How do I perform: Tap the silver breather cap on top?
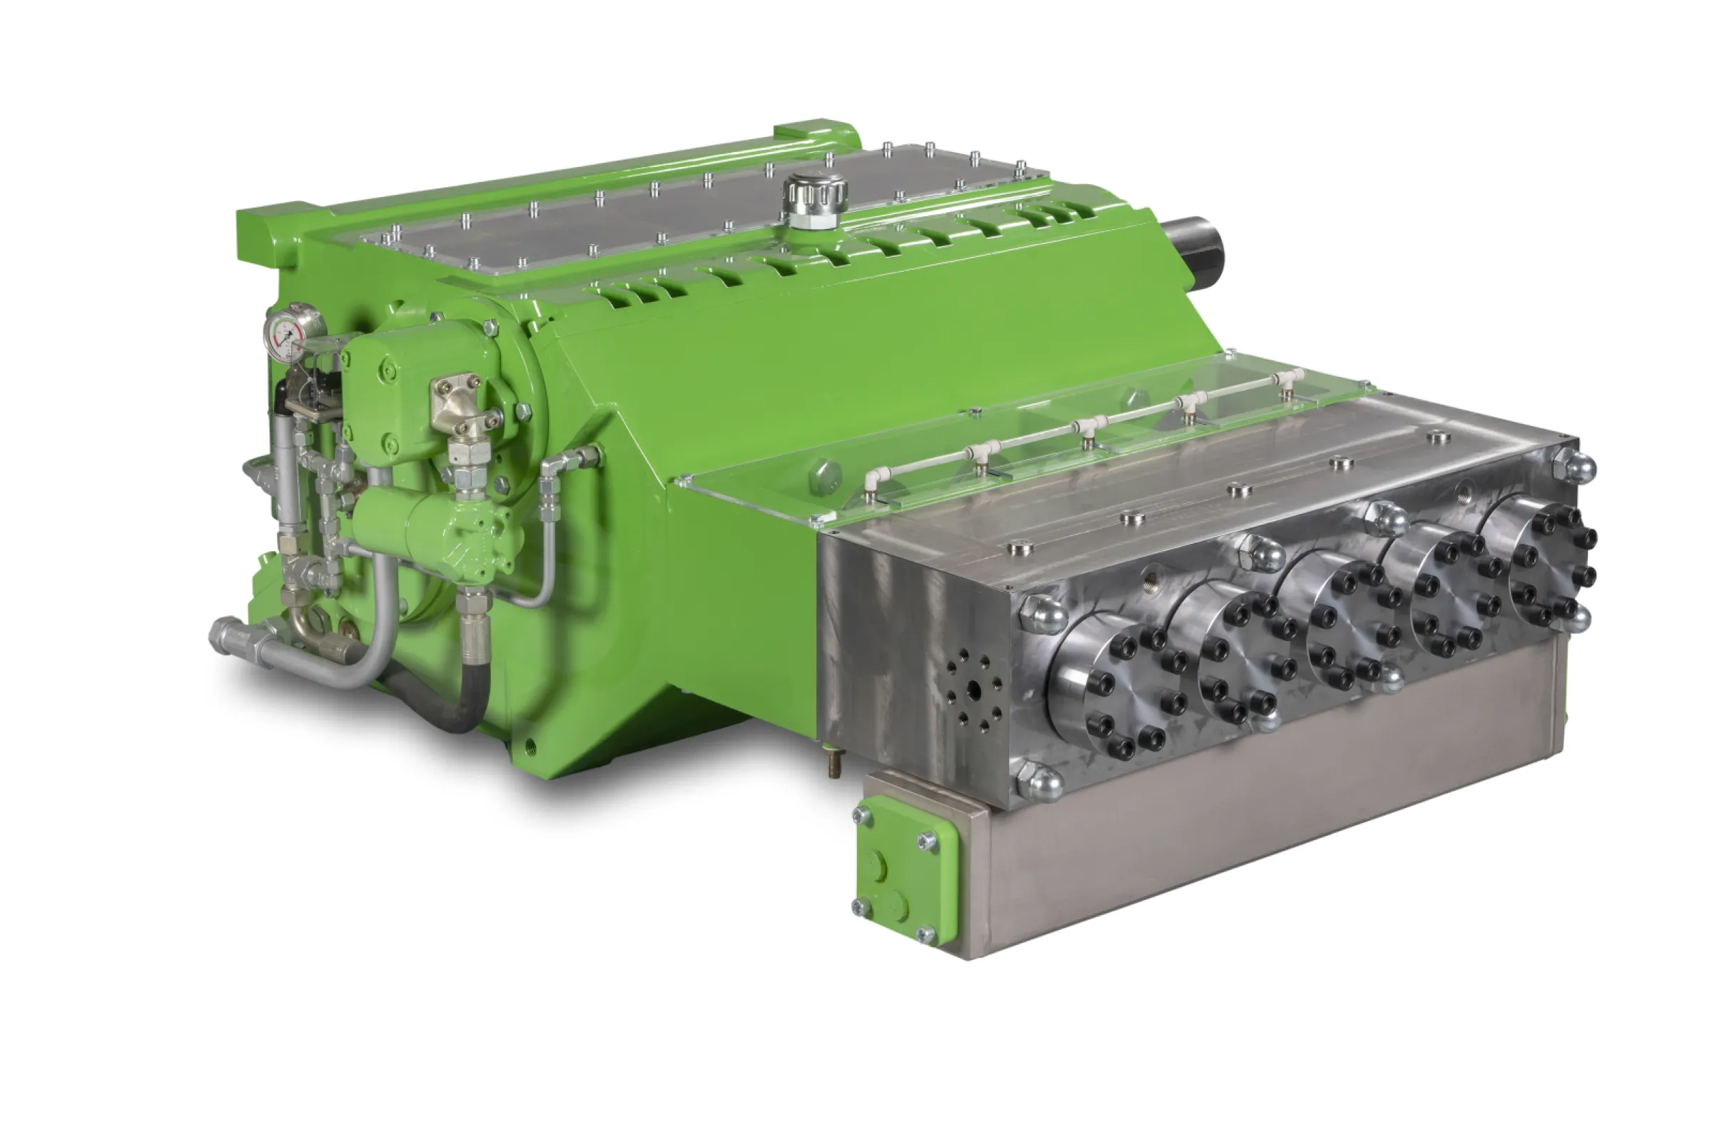pos(814,197)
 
